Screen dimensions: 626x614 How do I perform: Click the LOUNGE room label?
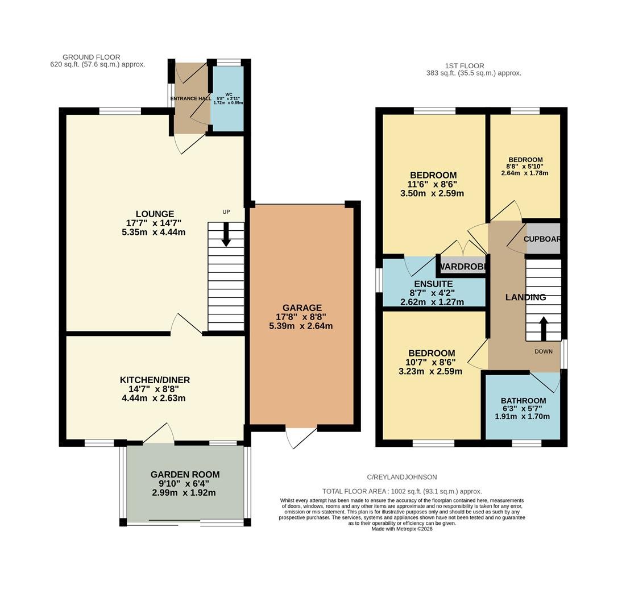pyautogui.click(x=155, y=214)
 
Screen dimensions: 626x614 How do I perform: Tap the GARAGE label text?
pyautogui.click(x=302, y=308)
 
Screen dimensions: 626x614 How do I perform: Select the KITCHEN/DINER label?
pyautogui.click(x=155, y=380)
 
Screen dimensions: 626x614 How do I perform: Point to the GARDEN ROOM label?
pyautogui.click(x=185, y=475)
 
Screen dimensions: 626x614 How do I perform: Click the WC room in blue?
pyautogui.click(x=227, y=98)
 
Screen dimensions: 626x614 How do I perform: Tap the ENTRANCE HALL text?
pyautogui.click(x=190, y=98)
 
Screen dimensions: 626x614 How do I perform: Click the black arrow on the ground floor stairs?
pyautogui.click(x=226, y=234)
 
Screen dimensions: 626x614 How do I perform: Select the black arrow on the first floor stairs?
pyautogui.click(x=544, y=329)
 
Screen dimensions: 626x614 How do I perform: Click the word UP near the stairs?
pyautogui.click(x=226, y=212)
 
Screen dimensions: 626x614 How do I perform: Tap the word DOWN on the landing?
pyautogui.click(x=544, y=352)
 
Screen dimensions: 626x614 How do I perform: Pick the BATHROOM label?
pyautogui.click(x=524, y=401)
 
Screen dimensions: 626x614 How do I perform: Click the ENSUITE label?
pyautogui.click(x=433, y=284)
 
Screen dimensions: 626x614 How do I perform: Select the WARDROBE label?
pyautogui.click(x=462, y=267)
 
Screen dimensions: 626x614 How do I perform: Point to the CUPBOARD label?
pyautogui.click(x=542, y=239)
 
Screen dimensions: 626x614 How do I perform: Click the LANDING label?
pyautogui.click(x=525, y=297)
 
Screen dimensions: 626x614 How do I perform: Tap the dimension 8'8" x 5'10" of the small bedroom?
pyautogui.click(x=525, y=167)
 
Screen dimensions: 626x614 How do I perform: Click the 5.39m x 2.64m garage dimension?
pyautogui.click(x=301, y=326)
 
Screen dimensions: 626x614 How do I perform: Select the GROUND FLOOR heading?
pyautogui.click(x=92, y=57)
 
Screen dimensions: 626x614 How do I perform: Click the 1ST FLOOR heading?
pyautogui.click(x=465, y=66)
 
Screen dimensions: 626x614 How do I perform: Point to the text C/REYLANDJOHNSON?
pyautogui.click(x=401, y=477)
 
